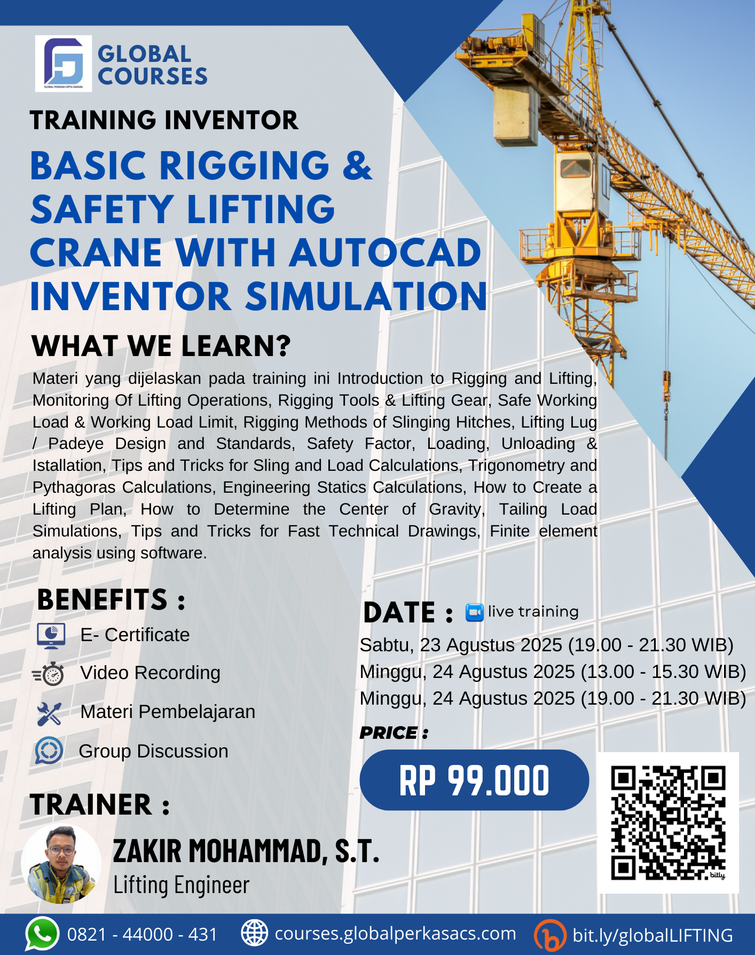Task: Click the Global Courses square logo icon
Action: click(x=63, y=64)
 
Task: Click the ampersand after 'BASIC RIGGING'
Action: click(x=357, y=165)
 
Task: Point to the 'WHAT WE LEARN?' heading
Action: click(x=161, y=346)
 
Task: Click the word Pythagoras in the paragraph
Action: click(x=74, y=487)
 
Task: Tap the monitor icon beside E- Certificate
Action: click(x=51, y=635)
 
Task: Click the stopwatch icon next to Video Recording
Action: click(x=50, y=674)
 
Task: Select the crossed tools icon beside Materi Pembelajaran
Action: click(x=50, y=713)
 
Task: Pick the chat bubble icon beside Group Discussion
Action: click(x=49, y=751)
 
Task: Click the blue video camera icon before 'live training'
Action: click(x=474, y=612)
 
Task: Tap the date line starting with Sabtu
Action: click(x=546, y=645)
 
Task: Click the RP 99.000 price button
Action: click(x=474, y=780)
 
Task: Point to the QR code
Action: click(x=668, y=823)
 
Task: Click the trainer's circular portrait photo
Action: click(x=61, y=864)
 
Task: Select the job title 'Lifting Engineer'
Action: click(x=181, y=885)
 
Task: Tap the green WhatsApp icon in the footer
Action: click(x=42, y=934)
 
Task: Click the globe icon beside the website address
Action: click(x=254, y=933)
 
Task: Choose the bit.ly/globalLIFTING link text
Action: click(x=652, y=935)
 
